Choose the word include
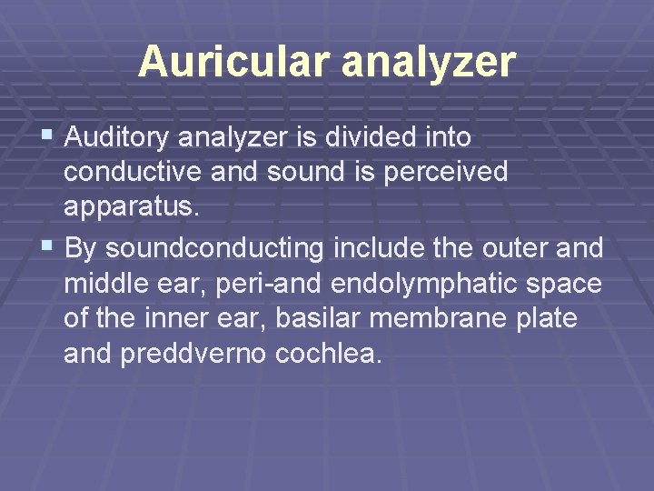tap(379, 247)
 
